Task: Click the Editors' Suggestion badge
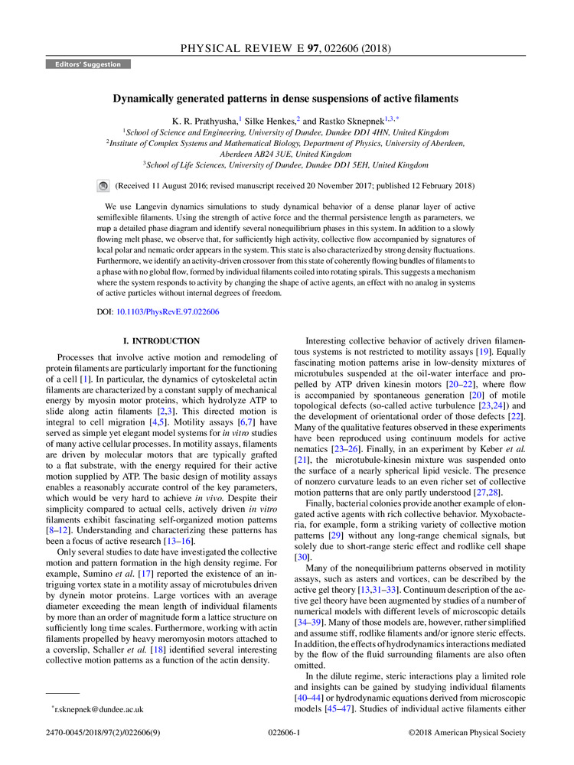88,64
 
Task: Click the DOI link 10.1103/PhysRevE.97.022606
167,312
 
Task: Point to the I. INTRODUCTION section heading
161,340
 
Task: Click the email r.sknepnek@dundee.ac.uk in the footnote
99,709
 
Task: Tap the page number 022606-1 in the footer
286,733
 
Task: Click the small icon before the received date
103,186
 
